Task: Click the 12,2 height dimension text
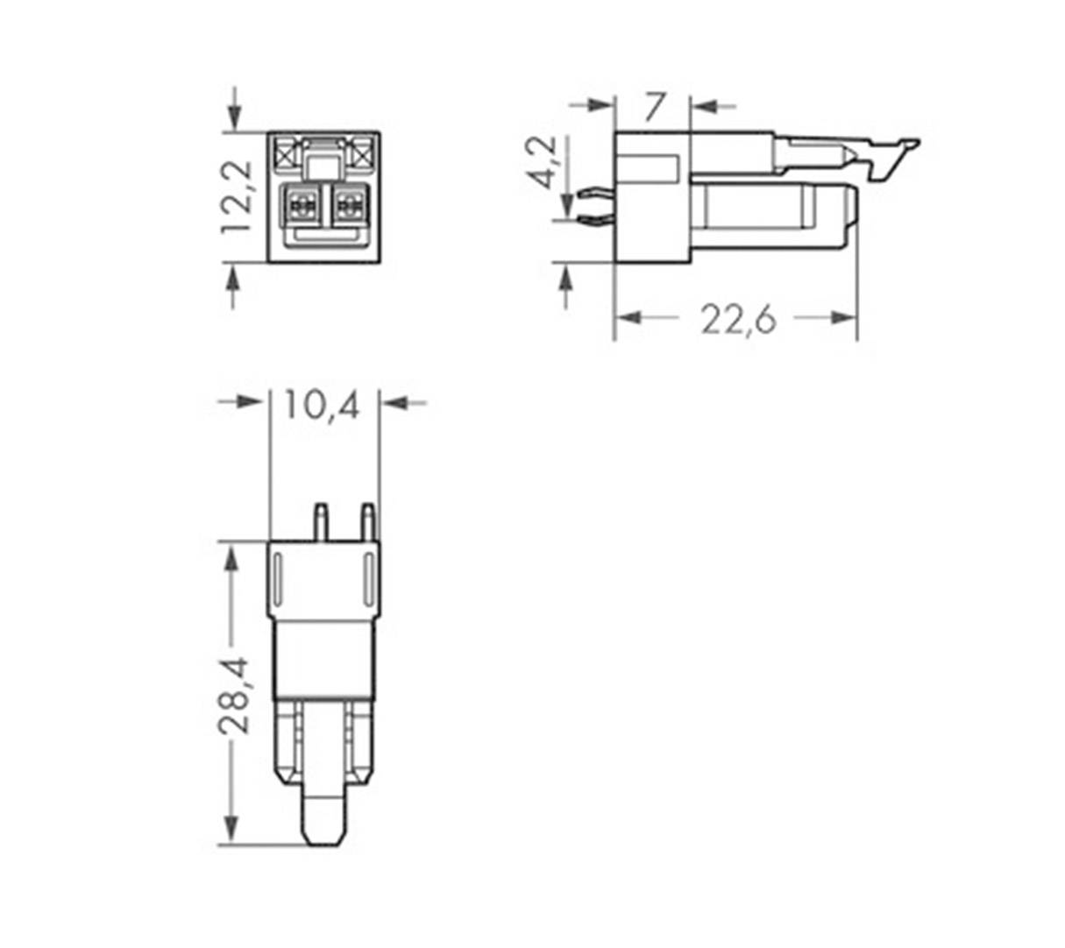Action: click(x=237, y=197)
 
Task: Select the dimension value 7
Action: click(x=654, y=107)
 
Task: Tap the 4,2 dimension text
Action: click(x=544, y=162)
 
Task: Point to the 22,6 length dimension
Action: click(x=738, y=320)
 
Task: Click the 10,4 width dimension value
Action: click(x=321, y=405)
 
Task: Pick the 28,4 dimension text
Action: click(x=234, y=695)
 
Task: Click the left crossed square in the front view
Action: click(x=284, y=155)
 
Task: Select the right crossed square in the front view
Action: click(x=361, y=155)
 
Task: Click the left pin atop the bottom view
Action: click(x=321, y=520)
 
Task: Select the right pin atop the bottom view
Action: click(x=368, y=520)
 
